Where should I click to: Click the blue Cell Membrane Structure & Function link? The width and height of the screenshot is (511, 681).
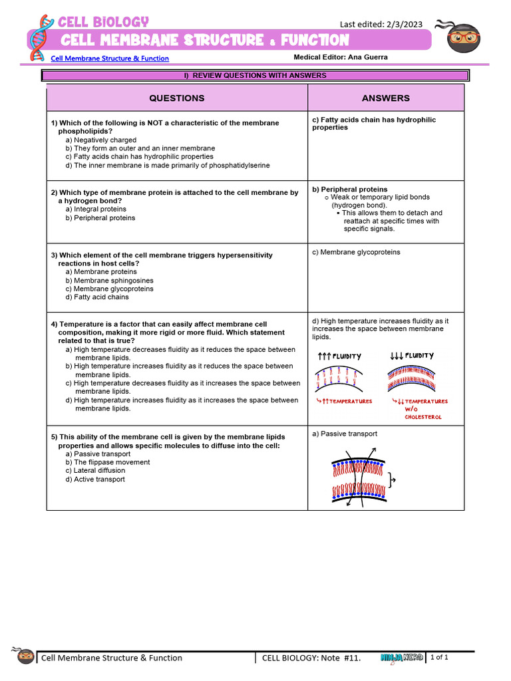point(110,59)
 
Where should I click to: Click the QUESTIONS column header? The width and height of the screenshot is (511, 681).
point(176,98)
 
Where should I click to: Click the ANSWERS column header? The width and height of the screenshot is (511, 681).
point(385,98)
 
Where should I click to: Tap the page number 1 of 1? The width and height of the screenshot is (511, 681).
point(440,658)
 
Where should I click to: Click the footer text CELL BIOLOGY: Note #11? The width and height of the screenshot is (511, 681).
point(311,658)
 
